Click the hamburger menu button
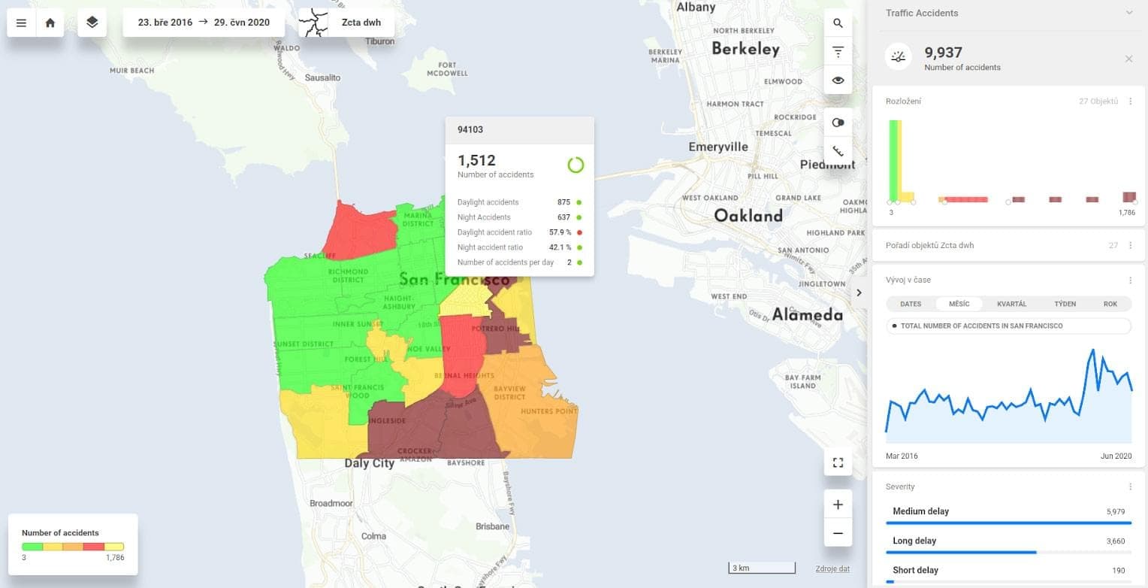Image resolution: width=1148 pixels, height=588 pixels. pyautogui.click(x=21, y=23)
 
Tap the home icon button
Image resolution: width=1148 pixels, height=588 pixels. pyautogui.click(x=50, y=23)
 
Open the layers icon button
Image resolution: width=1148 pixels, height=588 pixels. pyautogui.click(x=92, y=23)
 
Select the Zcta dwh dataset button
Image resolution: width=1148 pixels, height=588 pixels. pyautogui.click(x=346, y=23)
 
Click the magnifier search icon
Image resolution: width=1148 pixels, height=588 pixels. pyautogui.click(x=838, y=23)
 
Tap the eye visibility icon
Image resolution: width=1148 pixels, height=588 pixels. pyautogui.click(x=838, y=80)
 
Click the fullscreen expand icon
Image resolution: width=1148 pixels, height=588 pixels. pyautogui.click(x=838, y=462)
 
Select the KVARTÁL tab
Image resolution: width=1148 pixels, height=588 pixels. pyautogui.click(x=1011, y=304)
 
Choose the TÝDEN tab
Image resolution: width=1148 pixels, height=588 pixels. pyautogui.click(x=1065, y=304)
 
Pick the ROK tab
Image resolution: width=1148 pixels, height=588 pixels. pyautogui.click(x=1110, y=304)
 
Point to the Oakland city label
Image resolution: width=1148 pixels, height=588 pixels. pyautogui.click(x=748, y=216)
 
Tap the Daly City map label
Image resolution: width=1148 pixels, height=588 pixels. pyautogui.click(x=369, y=463)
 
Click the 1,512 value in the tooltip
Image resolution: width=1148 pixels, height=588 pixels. pyautogui.click(x=476, y=160)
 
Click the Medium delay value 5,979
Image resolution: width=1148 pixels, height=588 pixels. pyautogui.click(x=1115, y=511)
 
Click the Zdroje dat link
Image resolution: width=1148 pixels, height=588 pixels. pyautogui.click(x=832, y=568)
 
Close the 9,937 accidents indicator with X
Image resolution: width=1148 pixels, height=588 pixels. pyautogui.click(x=1128, y=59)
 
